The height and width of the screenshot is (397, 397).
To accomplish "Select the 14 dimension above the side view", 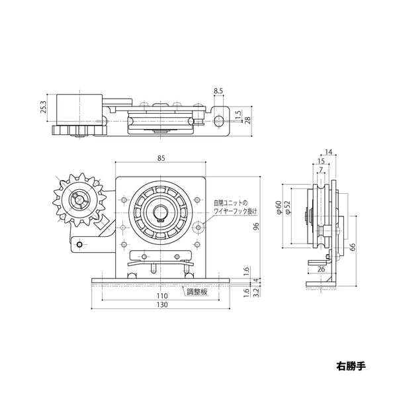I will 330,151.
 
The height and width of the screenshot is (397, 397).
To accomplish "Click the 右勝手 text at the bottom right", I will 350,365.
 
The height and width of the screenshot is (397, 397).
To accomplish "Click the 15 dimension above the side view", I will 322,161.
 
